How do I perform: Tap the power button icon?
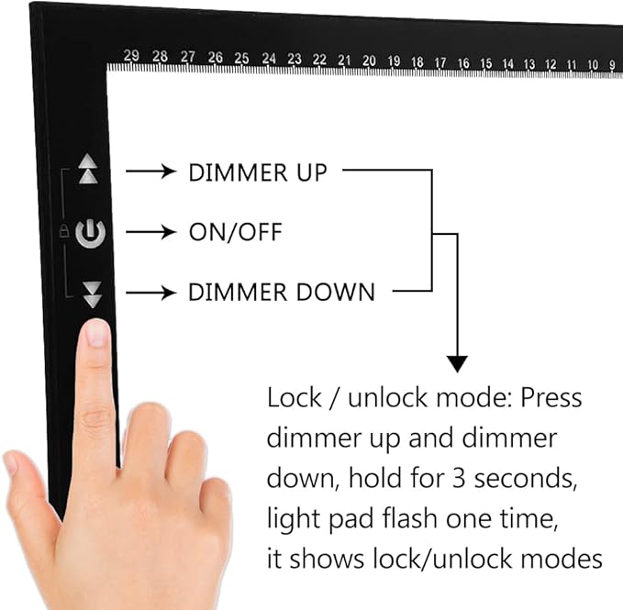click(91, 233)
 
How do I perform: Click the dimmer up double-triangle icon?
click(88, 170)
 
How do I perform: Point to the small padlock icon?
click(64, 233)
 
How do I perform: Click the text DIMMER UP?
click(257, 172)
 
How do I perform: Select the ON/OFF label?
click(235, 233)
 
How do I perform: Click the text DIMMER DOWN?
click(282, 294)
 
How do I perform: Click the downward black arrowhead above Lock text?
click(457, 361)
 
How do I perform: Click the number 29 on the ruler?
click(131, 57)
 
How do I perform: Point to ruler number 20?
click(369, 61)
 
